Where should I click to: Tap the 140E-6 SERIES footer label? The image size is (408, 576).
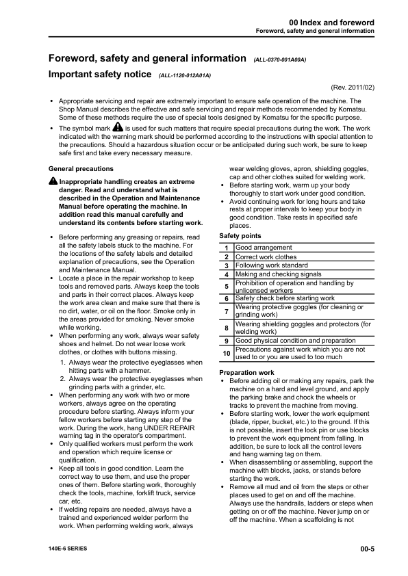68,549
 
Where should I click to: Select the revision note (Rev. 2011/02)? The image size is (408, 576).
352,88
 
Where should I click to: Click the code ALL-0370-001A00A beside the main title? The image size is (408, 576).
279,60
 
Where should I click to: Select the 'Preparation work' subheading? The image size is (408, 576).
247,373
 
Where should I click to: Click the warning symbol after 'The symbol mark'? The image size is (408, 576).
117,127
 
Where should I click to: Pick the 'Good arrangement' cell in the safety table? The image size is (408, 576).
264,248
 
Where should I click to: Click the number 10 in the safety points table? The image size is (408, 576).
226,353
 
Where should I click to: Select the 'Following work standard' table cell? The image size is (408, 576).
272,265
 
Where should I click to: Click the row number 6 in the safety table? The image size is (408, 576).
226,299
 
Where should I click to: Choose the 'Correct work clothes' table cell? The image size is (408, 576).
266,257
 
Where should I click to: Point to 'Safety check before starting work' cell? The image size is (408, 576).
285,299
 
